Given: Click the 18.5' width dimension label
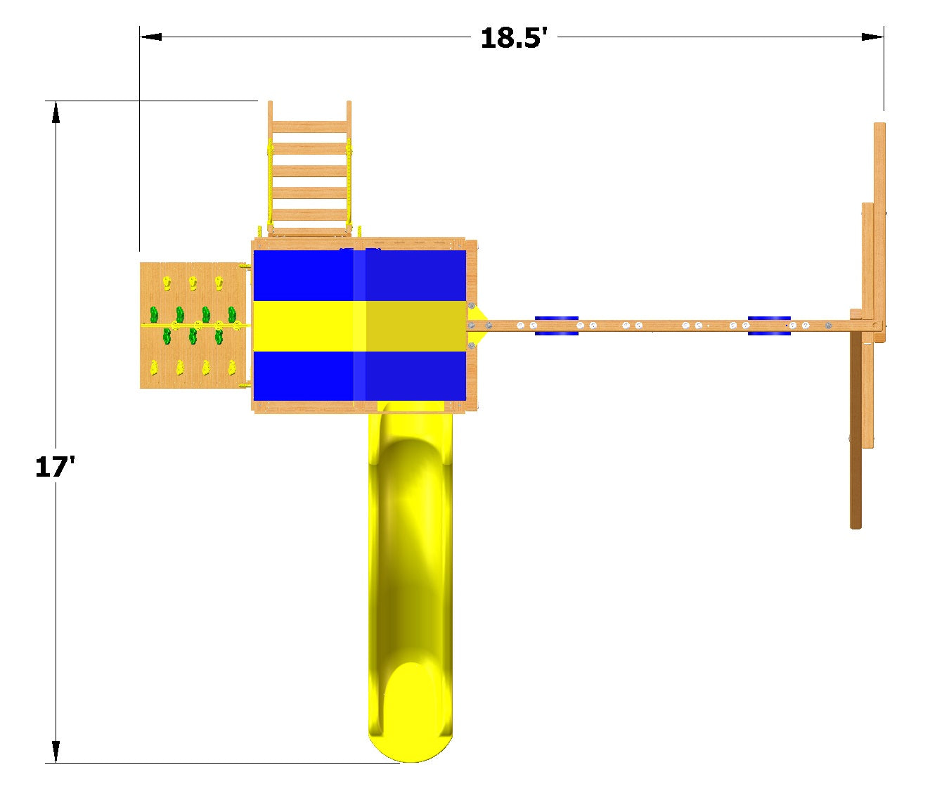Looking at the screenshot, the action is coord(514,37).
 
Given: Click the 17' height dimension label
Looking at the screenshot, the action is coord(54,466).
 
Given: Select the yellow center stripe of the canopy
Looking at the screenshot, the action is coord(359,326).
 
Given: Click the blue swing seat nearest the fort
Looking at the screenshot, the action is coord(556,326).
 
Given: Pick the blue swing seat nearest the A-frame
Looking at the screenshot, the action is coord(769,326).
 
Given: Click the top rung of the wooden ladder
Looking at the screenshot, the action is coord(309,127).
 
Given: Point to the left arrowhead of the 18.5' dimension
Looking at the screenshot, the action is coord(150,37).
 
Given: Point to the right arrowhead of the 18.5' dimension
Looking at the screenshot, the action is coord(872,37).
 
